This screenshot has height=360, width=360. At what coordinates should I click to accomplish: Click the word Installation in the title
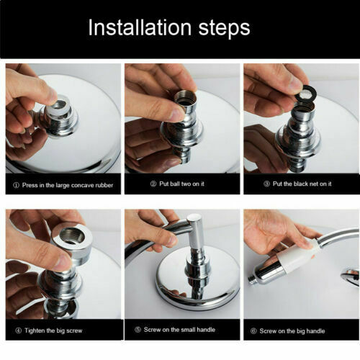tap(140, 27)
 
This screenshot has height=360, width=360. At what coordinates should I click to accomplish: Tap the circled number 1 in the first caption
tap(16, 185)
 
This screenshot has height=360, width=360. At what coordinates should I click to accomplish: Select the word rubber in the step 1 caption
tap(104, 185)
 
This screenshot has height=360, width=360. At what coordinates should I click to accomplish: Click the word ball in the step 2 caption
tap(175, 184)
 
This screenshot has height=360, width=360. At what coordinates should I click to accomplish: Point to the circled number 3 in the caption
tap(266, 184)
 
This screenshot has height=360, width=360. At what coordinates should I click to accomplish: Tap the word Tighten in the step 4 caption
tap(35, 330)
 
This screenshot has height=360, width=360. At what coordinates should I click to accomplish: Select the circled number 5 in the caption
tap(138, 330)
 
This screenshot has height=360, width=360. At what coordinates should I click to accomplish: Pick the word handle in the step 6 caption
tap(315, 331)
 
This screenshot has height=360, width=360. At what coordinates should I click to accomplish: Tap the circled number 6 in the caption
tap(253, 331)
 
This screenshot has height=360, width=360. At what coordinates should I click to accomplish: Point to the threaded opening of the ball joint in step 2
tap(186, 98)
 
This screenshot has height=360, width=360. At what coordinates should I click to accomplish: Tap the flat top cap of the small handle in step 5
tap(195, 218)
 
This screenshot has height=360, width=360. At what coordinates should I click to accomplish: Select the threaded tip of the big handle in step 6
tap(252, 280)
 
